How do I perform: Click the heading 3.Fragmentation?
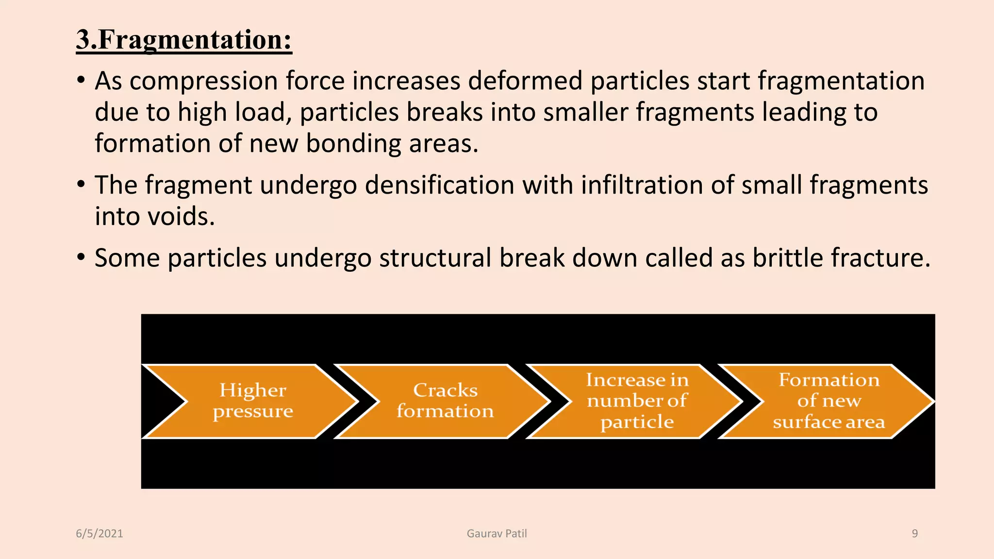tap(184, 40)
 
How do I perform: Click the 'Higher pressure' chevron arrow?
tap(252, 401)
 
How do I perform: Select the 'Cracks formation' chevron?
tap(445, 401)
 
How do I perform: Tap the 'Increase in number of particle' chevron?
tap(637, 401)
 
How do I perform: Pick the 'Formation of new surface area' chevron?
tap(828, 401)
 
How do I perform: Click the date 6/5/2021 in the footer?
tap(99, 534)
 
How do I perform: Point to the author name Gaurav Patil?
tap(497, 534)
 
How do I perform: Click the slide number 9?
tap(914, 534)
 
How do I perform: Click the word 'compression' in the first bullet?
tap(203, 82)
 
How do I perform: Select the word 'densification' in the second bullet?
tap(439, 186)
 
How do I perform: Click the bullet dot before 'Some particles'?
tap(81, 257)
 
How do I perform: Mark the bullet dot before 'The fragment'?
tap(81, 184)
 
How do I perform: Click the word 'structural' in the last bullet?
tap(435, 258)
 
